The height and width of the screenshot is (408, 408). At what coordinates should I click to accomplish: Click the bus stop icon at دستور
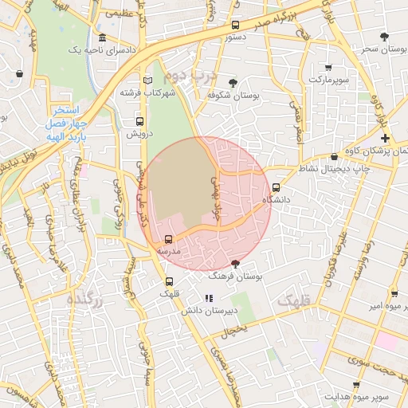[x=235, y=25]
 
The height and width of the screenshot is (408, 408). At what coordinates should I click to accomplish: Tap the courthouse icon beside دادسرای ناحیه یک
[x=102, y=37]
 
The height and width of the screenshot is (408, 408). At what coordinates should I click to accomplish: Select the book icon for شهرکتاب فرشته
[x=147, y=80]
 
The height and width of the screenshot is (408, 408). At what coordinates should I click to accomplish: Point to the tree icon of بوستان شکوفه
[x=233, y=83]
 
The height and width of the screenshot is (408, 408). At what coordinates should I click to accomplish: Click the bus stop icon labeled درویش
[x=140, y=122]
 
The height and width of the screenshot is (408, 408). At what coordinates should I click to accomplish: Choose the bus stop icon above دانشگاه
[x=277, y=188]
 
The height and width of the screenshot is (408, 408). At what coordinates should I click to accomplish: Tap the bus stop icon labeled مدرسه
[x=168, y=239]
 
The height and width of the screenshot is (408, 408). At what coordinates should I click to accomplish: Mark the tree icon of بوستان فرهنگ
[x=234, y=263]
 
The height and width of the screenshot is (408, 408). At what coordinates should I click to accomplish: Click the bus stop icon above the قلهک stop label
[x=169, y=281]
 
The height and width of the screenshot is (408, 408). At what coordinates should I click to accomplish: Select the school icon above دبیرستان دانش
[x=210, y=298]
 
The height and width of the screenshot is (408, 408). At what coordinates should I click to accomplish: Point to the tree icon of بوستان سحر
[x=385, y=37]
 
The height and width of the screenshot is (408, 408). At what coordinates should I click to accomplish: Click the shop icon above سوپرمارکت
[x=328, y=68]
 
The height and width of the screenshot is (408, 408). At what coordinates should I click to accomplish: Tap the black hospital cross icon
[x=385, y=139]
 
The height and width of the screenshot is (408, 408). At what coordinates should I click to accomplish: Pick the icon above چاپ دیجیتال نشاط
[x=334, y=157]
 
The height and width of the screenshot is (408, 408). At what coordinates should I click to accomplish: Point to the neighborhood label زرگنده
[x=86, y=299]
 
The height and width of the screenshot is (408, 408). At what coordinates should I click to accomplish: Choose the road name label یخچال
[x=237, y=328]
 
